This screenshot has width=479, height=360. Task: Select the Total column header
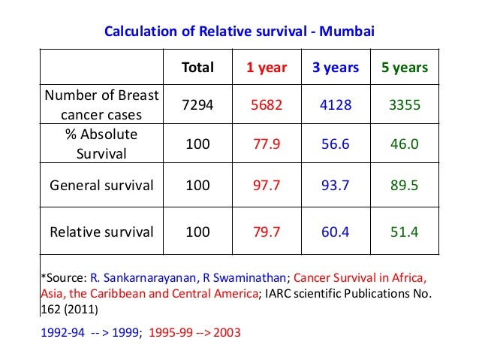(197, 68)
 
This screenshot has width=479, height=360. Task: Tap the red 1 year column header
(267, 68)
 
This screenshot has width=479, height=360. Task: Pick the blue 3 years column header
(336, 68)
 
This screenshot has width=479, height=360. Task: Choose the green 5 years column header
(404, 68)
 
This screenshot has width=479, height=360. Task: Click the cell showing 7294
(197, 105)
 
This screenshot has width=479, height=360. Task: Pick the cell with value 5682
(267, 105)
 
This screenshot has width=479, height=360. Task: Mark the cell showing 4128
(336, 105)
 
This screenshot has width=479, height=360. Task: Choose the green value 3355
(404, 105)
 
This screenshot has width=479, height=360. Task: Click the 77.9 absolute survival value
(267, 144)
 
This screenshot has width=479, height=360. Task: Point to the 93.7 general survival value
(336, 185)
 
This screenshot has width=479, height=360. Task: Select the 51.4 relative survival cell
(404, 231)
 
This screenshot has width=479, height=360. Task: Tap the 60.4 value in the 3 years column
(336, 231)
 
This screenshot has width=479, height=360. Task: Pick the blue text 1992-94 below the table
(61, 330)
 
